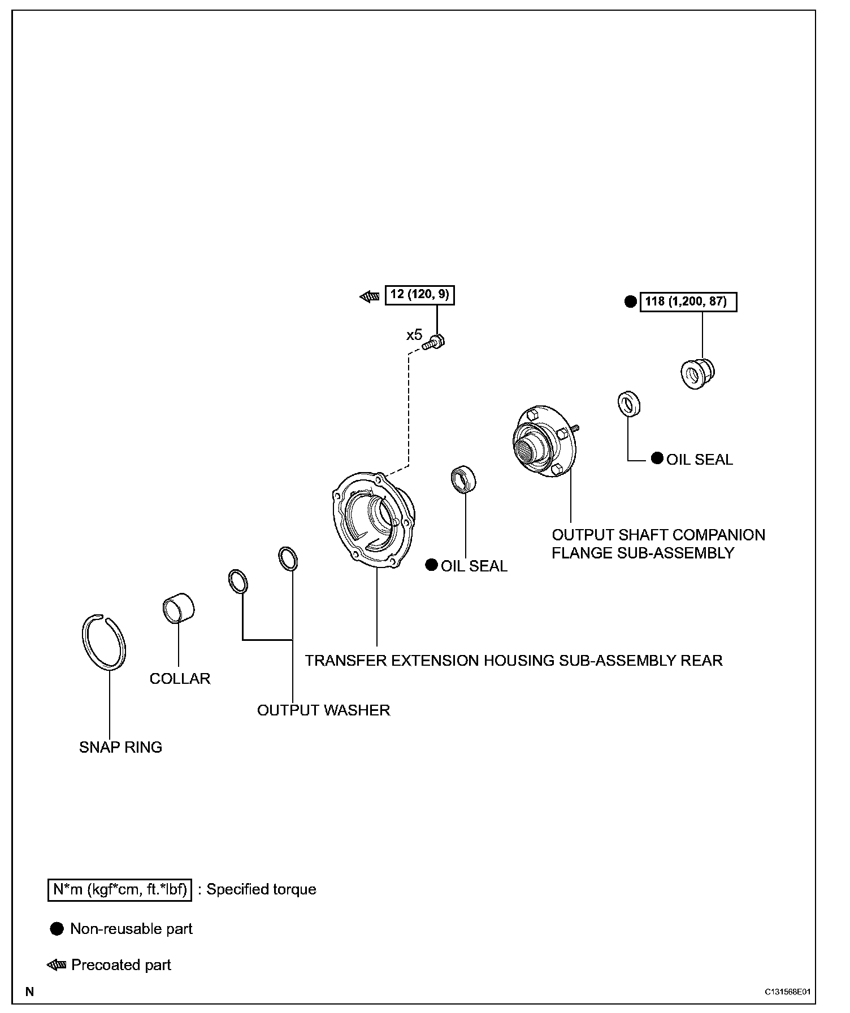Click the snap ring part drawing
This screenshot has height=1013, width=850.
(x=103, y=642)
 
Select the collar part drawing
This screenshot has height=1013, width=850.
(x=178, y=608)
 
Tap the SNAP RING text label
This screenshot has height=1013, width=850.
(x=120, y=747)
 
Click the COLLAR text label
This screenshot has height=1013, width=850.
(x=180, y=678)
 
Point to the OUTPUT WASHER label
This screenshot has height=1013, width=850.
(x=323, y=710)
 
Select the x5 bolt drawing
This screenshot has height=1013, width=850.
(x=435, y=342)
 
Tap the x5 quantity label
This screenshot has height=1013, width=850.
(x=414, y=335)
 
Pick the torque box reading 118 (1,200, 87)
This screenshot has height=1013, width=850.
(x=688, y=302)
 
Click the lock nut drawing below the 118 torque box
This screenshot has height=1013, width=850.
(x=697, y=373)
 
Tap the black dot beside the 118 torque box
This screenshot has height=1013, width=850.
(x=631, y=302)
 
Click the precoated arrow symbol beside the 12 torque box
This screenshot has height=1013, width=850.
(x=370, y=296)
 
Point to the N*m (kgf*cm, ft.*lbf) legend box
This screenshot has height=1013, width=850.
(x=120, y=889)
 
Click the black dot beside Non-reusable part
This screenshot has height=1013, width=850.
(x=57, y=929)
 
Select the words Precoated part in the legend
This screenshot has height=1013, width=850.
(x=121, y=965)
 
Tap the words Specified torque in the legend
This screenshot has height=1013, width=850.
(x=261, y=889)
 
